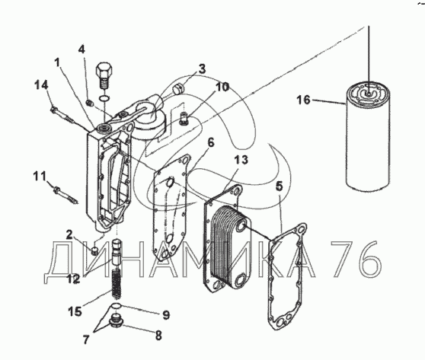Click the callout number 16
pos(303,100)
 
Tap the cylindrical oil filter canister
pos(368,137)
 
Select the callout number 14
pos(41,85)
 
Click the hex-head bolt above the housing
pos(104,75)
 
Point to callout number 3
pos(202,69)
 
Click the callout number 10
pos(222,87)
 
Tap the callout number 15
pos(75,311)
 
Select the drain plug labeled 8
pos(117,323)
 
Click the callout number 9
pos(166,315)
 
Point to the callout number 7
pos(86,339)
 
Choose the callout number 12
pos(73,279)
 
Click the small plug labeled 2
pos(95,250)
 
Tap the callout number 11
pos(40,176)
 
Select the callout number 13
pos(241,160)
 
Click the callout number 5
pos(280,186)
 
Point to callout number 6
pos(211,142)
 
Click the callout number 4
pos(81,49)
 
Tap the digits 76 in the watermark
pos(356,259)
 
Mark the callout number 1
pos(57,63)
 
